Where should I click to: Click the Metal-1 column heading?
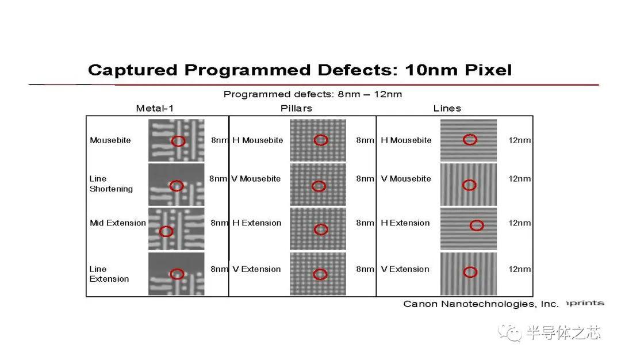(x=155, y=108)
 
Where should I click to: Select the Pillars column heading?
(x=296, y=108)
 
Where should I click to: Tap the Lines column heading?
(x=447, y=108)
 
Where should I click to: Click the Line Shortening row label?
(x=111, y=184)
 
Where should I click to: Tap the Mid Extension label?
(x=118, y=223)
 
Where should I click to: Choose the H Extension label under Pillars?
(x=256, y=223)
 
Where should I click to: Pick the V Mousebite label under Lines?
(x=406, y=179)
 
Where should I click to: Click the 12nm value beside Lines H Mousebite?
(x=520, y=140)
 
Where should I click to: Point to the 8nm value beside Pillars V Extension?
(x=365, y=269)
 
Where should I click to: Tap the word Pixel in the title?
(x=488, y=70)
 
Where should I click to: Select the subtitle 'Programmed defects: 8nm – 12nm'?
(x=312, y=94)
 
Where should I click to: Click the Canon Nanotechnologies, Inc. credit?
(x=481, y=304)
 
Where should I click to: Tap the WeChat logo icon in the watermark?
(x=509, y=332)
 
